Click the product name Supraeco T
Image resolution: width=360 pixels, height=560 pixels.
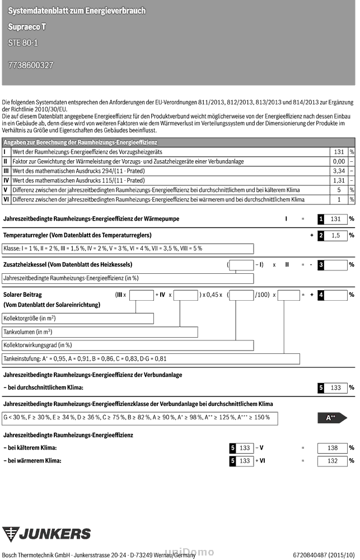(27, 26)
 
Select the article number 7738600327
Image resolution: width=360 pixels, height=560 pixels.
(31, 65)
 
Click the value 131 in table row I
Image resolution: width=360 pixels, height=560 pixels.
(338, 152)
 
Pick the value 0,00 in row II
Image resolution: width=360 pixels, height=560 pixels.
(338, 161)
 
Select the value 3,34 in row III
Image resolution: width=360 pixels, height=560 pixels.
(338, 171)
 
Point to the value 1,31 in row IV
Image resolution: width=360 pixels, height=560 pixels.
(338, 180)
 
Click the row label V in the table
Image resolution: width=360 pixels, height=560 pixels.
(6, 190)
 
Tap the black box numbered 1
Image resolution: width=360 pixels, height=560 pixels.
(321, 220)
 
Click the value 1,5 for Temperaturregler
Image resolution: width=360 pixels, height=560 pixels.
(336, 236)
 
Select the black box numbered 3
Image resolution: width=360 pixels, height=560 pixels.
(321, 265)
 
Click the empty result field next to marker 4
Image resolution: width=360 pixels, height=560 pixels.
(336, 295)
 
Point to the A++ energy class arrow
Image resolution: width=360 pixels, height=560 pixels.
(332, 418)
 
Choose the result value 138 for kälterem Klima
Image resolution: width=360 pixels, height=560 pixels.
(332, 448)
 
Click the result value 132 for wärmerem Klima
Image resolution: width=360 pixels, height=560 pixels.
(332, 461)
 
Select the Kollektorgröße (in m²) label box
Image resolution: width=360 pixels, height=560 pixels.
(78, 318)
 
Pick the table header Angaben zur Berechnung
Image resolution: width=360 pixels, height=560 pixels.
(80, 143)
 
